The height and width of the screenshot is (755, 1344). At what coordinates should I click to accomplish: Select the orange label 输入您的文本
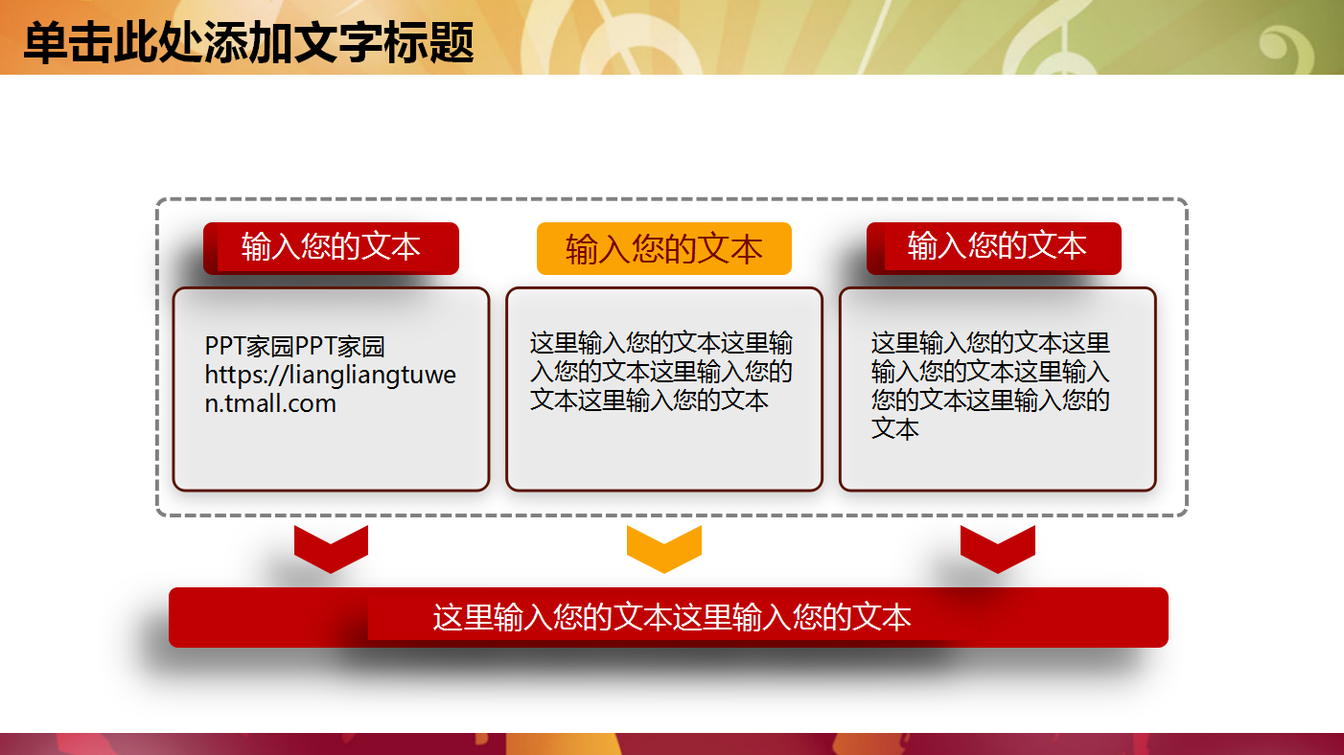[663, 249]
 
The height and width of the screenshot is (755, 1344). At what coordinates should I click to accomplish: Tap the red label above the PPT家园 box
[331, 248]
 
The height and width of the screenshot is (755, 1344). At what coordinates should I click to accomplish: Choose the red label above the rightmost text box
[995, 247]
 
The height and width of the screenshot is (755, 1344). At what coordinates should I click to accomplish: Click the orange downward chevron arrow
[663, 548]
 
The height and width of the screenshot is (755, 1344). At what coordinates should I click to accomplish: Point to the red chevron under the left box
[331, 548]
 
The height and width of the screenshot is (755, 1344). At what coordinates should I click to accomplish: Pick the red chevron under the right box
[997, 548]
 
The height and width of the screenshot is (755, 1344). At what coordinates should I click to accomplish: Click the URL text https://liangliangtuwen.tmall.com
[330, 376]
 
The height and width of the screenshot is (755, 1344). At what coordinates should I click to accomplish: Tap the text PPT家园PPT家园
[295, 347]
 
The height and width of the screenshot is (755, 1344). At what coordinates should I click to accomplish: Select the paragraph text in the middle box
[661, 372]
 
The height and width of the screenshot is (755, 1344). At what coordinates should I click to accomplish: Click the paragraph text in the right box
[990, 385]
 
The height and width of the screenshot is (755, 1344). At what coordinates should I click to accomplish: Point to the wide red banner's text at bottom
[671, 618]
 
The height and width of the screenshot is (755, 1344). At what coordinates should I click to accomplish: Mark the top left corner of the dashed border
[159, 201]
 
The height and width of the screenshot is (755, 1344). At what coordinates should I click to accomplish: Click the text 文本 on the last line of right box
[895, 428]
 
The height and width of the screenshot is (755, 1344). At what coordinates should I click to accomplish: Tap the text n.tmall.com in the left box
[270, 403]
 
